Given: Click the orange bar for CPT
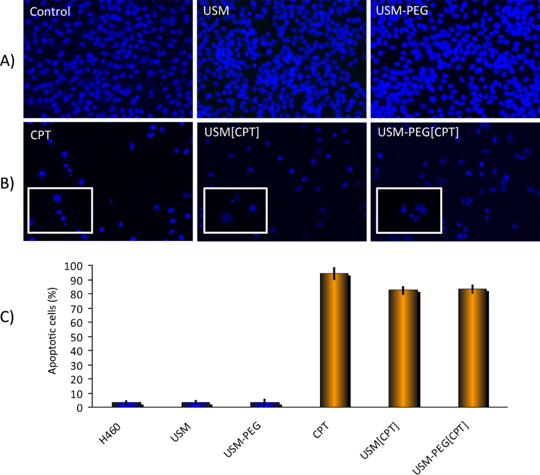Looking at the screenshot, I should point(334,340).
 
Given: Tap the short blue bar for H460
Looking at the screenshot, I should point(126,404).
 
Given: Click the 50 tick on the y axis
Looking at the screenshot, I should point(73,336).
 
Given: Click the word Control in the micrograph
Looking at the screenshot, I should point(50,11).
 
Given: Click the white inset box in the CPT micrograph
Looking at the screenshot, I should point(60,210).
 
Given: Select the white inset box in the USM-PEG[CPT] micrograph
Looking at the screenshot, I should point(409,210).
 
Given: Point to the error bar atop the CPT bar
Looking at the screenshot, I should point(334,273).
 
